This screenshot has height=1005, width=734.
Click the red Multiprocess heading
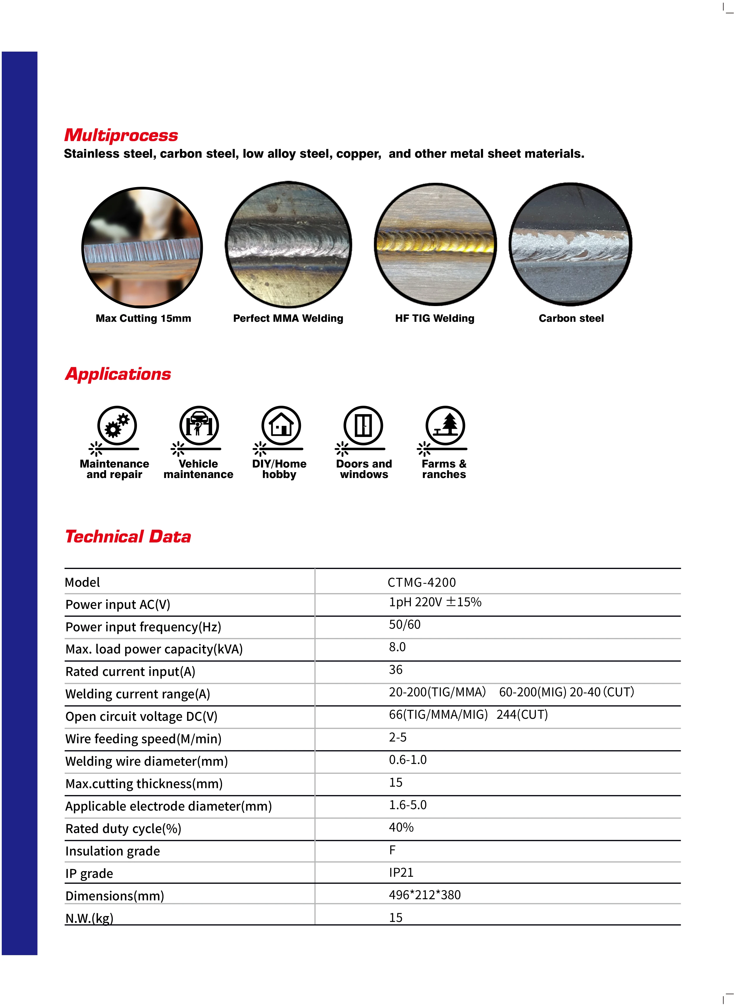point(121,135)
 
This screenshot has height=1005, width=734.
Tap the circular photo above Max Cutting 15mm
point(142,247)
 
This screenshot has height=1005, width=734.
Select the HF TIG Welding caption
point(434,318)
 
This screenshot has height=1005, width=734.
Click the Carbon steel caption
point(571,318)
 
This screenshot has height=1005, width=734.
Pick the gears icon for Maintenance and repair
point(117,425)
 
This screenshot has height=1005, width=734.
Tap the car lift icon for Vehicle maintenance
point(199,425)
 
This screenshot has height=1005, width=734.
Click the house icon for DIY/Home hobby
point(281,425)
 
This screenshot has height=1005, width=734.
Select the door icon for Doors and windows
point(363,425)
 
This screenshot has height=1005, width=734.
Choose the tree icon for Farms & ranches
point(445,425)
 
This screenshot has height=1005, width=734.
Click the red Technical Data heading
point(128,537)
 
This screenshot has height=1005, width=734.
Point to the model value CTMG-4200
point(422,582)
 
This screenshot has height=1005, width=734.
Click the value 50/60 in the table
point(404,625)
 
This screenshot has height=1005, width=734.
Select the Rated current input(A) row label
point(130,671)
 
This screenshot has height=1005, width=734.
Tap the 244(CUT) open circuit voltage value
point(522,714)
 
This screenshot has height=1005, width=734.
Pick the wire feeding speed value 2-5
point(398,737)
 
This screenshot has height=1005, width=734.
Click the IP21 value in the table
point(401,873)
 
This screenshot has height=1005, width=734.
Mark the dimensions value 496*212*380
point(425,895)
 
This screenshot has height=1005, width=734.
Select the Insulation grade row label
point(112,851)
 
